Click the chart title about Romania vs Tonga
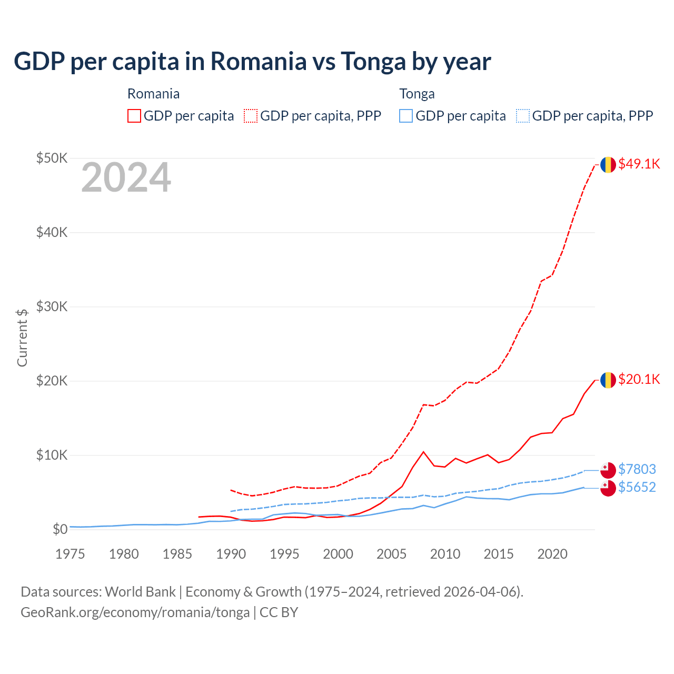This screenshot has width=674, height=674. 252,61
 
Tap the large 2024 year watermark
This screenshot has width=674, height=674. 126,178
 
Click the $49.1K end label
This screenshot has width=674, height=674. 639,164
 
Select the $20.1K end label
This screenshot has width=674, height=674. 639,379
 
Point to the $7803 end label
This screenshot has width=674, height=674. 637,469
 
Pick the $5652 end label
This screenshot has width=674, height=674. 637,487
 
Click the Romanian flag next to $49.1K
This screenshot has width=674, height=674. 608,164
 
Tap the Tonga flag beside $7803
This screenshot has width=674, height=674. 608,470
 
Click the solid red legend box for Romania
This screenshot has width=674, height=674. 134,116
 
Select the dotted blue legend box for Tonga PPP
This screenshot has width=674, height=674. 523,116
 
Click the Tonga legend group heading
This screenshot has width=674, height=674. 417,94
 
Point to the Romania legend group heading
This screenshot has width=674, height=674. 153,94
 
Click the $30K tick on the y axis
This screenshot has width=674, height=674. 52,306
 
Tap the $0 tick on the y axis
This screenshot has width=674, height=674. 60,529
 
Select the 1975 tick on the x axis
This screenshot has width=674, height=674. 70,554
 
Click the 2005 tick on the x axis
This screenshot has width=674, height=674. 391,554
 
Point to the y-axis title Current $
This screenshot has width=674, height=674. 22,338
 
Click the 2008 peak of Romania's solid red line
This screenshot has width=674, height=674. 423,452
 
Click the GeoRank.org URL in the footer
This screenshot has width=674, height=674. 135,612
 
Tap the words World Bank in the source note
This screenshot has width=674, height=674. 140,592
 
